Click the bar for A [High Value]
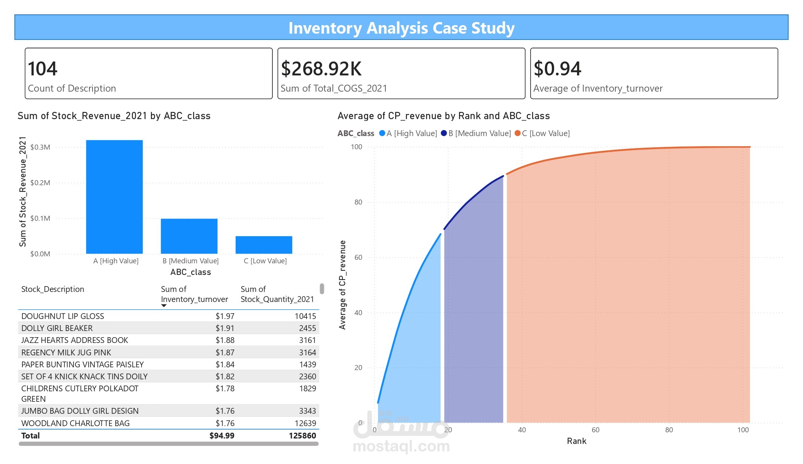click(x=114, y=197)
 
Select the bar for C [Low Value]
click(x=264, y=245)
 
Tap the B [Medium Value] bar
click(x=189, y=236)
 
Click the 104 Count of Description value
click(x=43, y=69)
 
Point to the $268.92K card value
click(x=321, y=69)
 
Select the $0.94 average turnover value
click(x=557, y=69)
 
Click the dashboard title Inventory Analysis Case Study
click(x=401, y=28)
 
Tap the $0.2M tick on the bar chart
click(x=40, y=183)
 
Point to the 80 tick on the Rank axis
click(x=669, y=430)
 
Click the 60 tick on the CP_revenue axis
click(x=358, y=257)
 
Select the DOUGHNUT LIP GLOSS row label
click(x=63, y=316)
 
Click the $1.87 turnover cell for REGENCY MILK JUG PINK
click(x=225, y=352)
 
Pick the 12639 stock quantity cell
click(x=305, y=423)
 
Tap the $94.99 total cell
click(x=222, y=435)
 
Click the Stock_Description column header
click(x=53, y=289)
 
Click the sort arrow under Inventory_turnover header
click(x=164, y=306)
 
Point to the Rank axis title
click(x=576, y=441)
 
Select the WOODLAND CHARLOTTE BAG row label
click(x=75, y=423)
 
